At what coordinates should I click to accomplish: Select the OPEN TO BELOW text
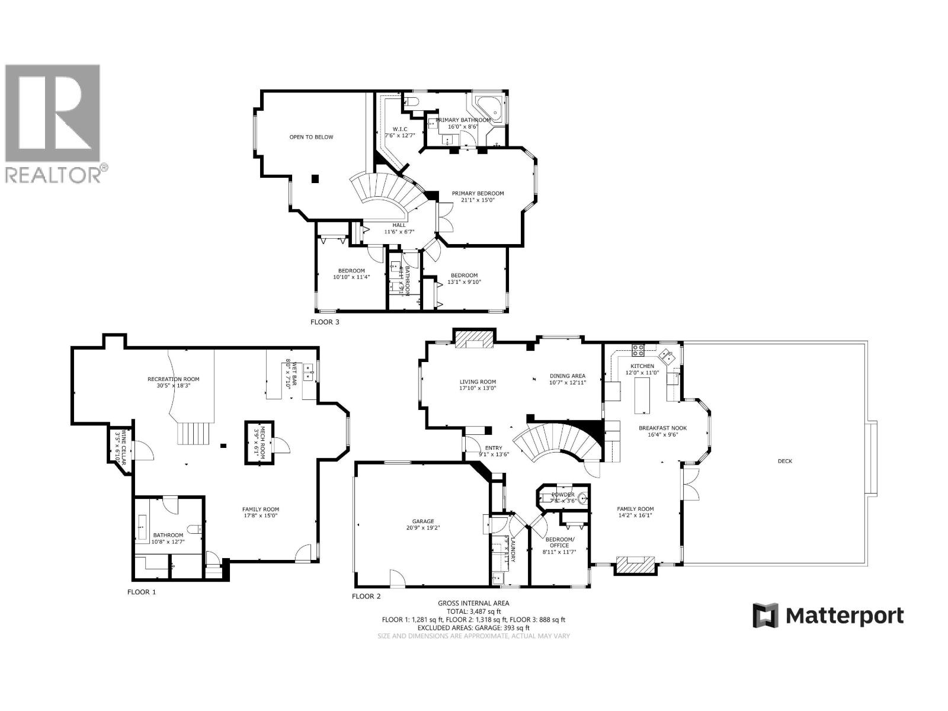click(311, 137)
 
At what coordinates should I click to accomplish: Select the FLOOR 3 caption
click(325, 322)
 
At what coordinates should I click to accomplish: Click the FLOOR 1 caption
click(142, 591)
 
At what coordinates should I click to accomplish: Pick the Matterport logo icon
click(765, 616)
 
